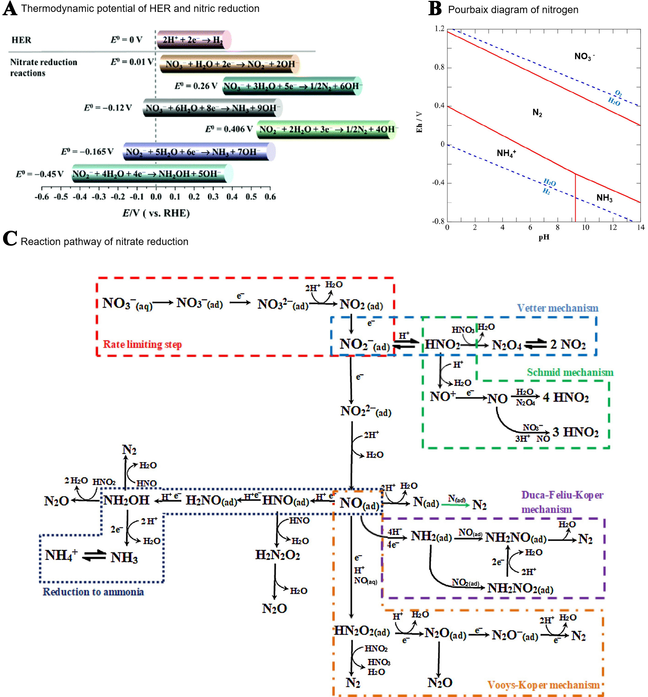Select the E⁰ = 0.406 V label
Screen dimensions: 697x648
pos(229,129)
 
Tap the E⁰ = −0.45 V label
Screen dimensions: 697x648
pos(40,174)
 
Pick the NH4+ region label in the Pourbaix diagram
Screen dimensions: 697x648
pos(506,153)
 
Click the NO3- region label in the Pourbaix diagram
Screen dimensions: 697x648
pos(584,56)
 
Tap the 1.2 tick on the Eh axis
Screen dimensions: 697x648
pos(439,29)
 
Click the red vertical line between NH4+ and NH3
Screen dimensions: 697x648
pos(575,198)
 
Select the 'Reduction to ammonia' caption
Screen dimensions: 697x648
pos(93,592)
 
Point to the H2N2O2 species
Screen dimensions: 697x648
pos(277,555)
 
